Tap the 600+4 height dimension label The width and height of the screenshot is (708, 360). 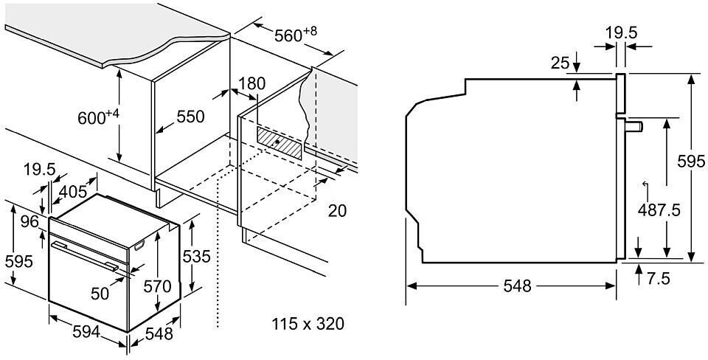pos(98,117)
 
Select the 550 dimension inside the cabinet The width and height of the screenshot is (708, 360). pos(190,117)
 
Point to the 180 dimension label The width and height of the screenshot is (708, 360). pos(251,83)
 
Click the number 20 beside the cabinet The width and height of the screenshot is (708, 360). pos(336,211)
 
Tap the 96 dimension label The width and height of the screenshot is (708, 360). pos(28,222)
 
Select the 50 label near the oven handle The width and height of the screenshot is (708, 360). pos(99,293)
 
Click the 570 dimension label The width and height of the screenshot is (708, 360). pos(158,285)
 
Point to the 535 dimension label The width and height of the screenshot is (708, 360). pos(196,257)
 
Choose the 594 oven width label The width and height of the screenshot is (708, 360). pos(86,333)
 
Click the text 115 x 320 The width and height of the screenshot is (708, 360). pos(308,323)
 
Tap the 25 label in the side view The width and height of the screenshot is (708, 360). pos(560,63)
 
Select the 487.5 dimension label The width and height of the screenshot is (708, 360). pos(658,210)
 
